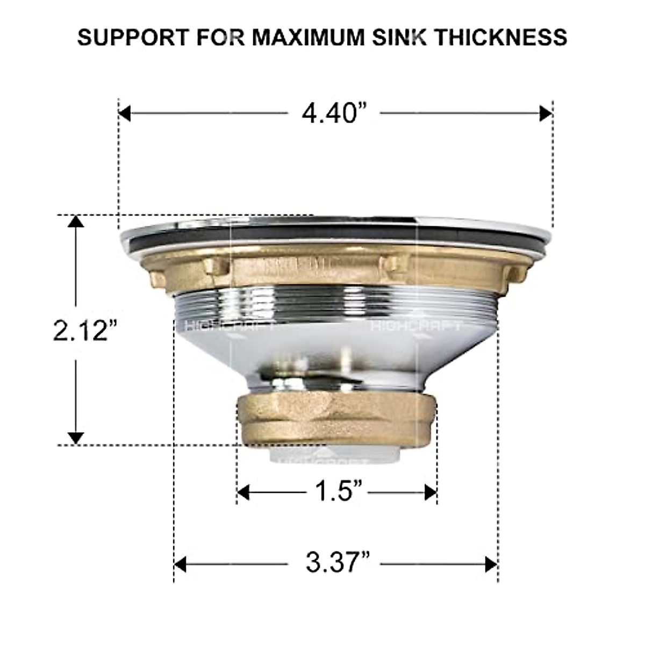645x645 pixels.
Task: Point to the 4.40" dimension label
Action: tap(334, 114)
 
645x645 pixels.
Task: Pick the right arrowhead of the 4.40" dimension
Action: tap(546, 114)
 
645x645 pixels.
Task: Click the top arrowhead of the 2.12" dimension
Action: tap(76, 222)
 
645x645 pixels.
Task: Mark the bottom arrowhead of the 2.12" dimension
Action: tap(76, 438)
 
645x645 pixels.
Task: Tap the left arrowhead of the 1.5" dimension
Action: tap(243, 491)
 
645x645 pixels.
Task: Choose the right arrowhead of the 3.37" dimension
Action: tap(491, 564)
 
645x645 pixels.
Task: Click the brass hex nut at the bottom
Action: tap(337, 419)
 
